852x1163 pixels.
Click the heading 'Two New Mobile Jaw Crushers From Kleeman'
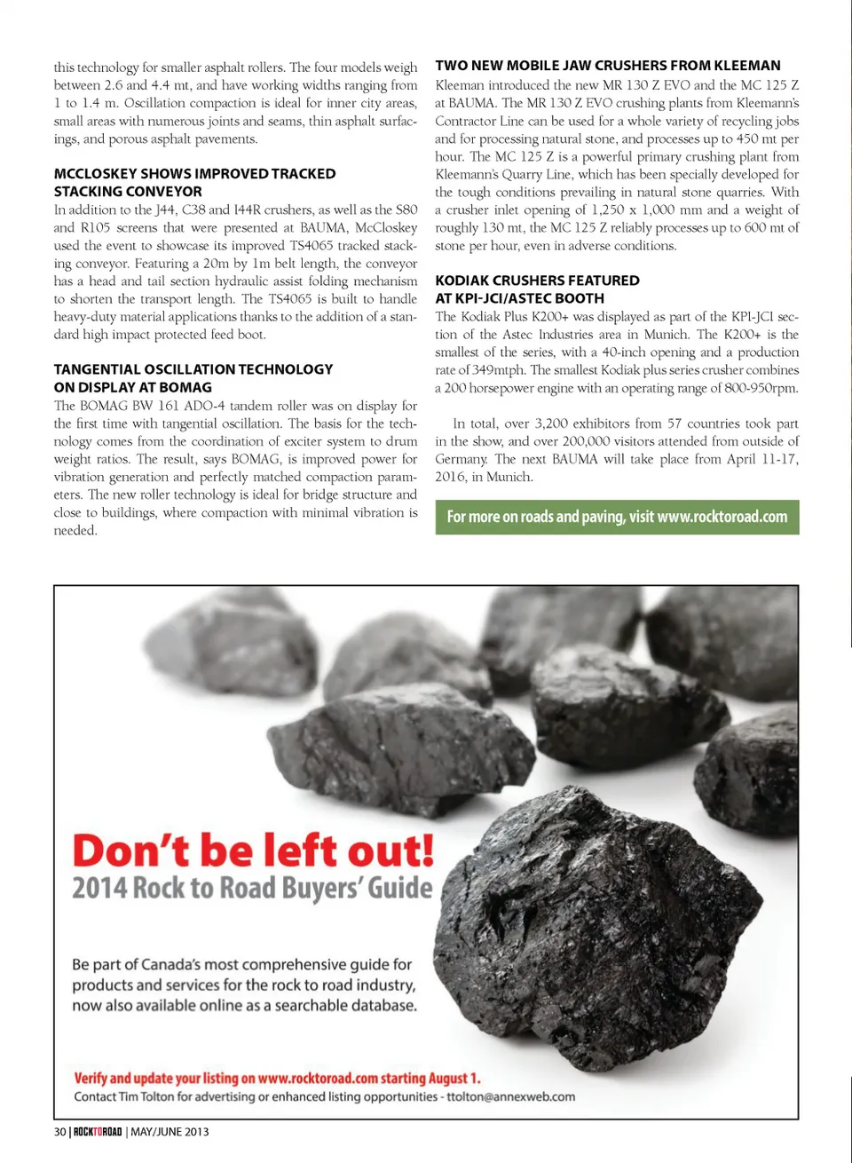point(608,66)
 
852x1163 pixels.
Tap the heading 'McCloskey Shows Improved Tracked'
point(194,174)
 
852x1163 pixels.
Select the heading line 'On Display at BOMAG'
point(132,387)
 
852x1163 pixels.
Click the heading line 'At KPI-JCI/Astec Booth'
point(519,298)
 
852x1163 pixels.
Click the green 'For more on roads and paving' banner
point(617,517)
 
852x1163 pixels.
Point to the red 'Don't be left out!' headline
point(253,850)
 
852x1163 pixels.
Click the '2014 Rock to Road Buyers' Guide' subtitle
point(252,889)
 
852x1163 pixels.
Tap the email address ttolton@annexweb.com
point(510,1096)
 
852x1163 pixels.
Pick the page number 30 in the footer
point(59,1132)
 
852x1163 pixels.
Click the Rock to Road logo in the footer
point(98,1132)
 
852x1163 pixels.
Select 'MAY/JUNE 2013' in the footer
point(170,1132)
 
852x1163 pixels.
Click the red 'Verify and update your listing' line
point(277,1078)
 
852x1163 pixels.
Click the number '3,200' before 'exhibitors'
point(551,423)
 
